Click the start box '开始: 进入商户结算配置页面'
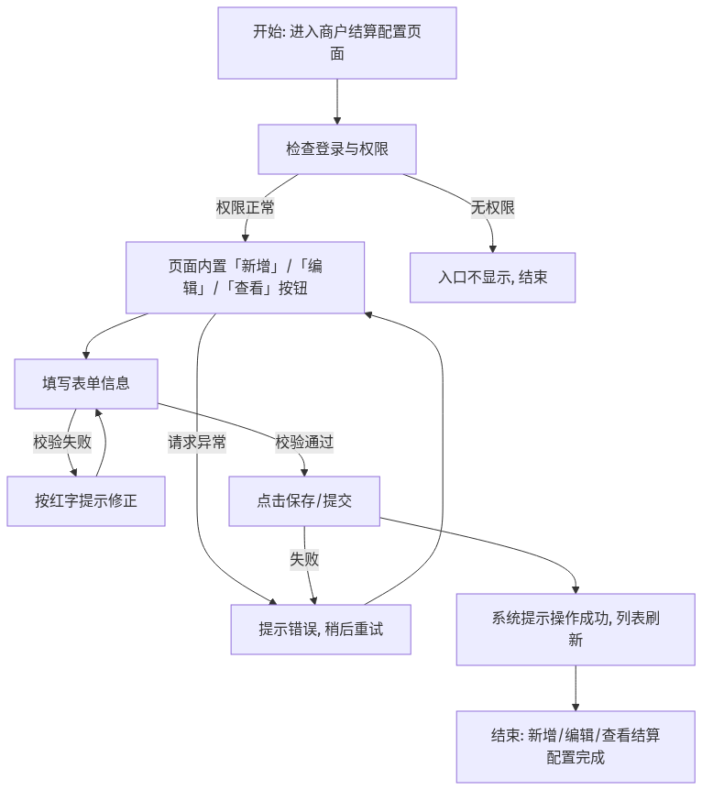[337, 43]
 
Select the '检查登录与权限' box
[337, 149]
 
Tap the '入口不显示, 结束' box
[492, 278]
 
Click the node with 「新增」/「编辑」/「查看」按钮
[245, 278]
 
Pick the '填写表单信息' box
[86, 384]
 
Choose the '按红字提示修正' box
[86, 501]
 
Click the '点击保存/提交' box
[304, 501]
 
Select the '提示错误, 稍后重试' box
[321, 630]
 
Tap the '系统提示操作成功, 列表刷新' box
[576, 630]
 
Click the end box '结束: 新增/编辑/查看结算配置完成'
[576, 747]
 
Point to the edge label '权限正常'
[245, 207]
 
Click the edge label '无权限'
[492, 207]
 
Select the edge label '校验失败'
[62, 443]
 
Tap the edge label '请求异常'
[197, 443]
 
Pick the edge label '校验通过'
[304, 443]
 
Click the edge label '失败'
[304, 559]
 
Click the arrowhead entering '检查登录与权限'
[337, 121]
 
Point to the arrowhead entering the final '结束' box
[576, 708]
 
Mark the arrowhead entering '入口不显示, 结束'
[493, 249]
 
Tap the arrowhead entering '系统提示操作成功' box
[576, 590]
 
